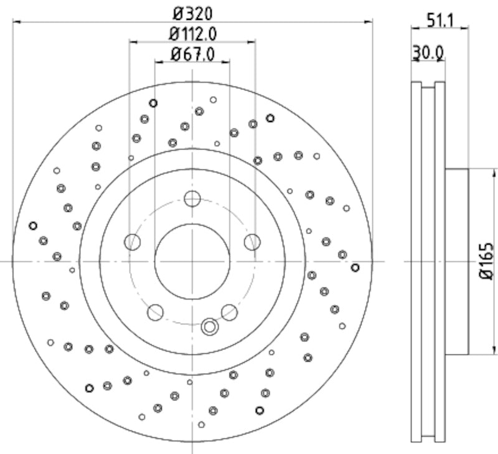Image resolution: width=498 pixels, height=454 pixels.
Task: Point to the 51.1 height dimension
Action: pos(439,19)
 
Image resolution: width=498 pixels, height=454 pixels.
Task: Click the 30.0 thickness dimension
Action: pos(428,54)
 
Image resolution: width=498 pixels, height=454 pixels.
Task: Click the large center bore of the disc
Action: pos(192,261)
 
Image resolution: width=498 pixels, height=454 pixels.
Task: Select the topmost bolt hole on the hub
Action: pos(192,199)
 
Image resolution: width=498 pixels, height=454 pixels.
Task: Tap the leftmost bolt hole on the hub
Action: pos(132,242)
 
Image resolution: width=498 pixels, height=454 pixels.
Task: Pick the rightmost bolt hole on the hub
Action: pos(251,242)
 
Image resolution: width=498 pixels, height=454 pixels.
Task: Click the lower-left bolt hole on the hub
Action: pos(154,311)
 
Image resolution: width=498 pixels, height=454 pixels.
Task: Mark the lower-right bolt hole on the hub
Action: pos(230,311)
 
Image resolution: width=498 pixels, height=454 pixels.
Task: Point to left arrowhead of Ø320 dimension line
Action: pos(16,22)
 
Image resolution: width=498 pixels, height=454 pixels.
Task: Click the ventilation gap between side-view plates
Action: pos(428,261)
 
